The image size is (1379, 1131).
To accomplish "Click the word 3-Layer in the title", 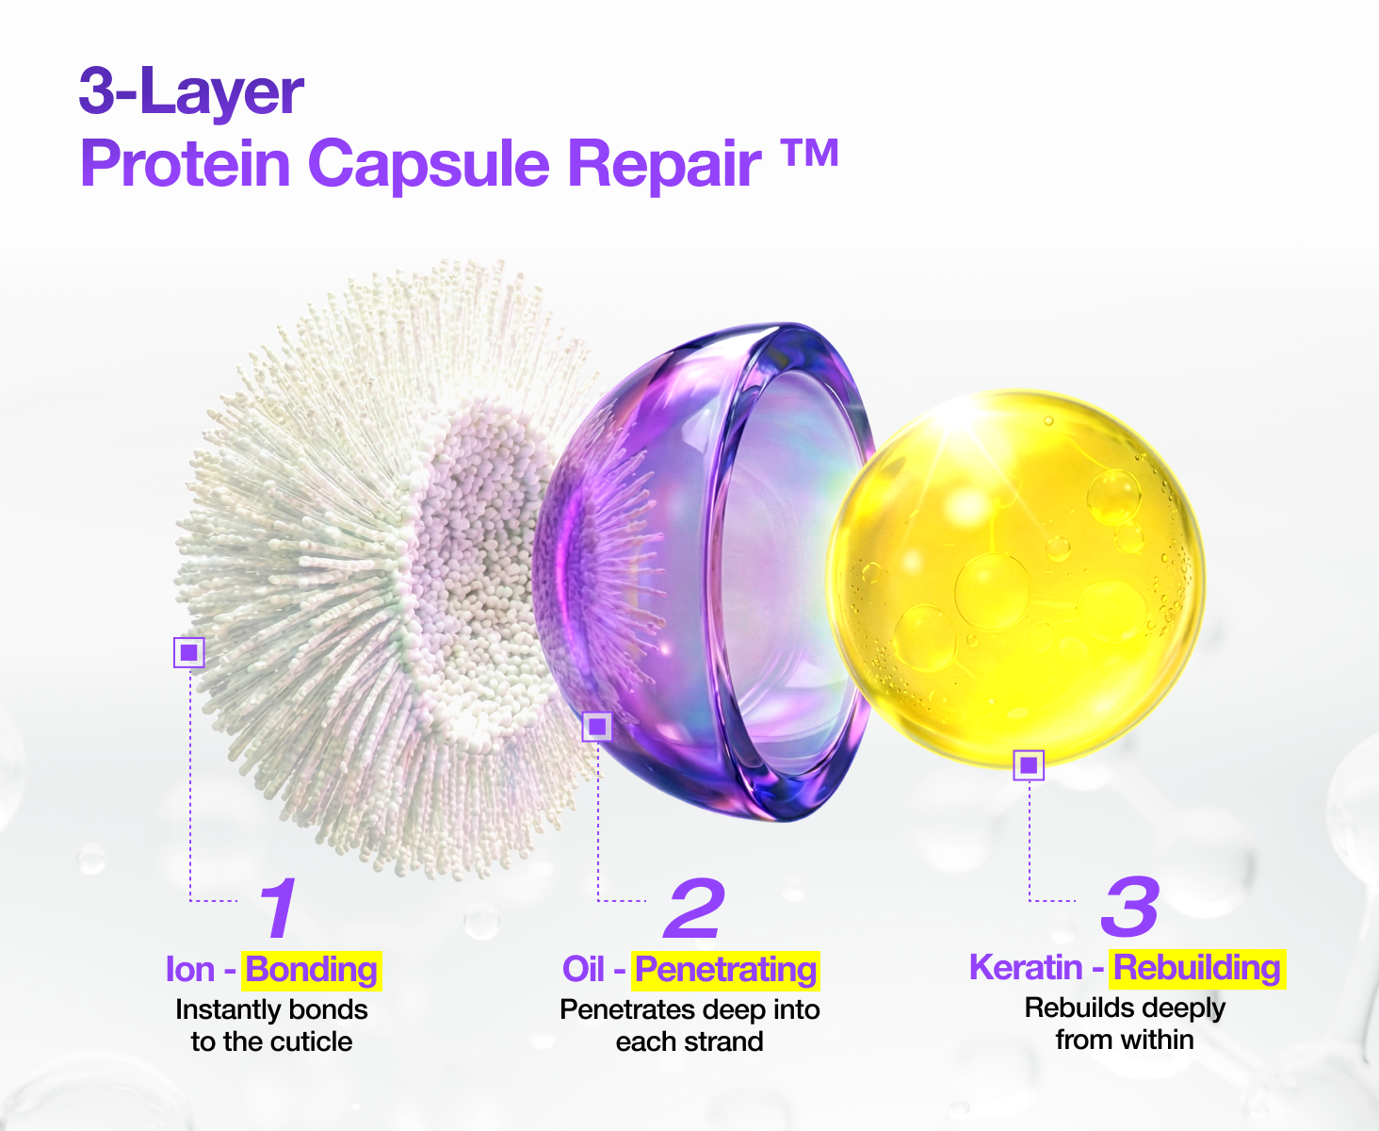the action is (191, 91).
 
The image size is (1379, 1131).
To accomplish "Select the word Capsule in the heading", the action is (429, 165).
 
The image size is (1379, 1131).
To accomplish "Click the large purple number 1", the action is (278, 908).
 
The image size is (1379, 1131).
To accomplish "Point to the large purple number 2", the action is (694, 908).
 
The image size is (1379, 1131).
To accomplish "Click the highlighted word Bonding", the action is (312, 970).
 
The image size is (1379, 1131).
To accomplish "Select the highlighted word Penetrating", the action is (726, 970).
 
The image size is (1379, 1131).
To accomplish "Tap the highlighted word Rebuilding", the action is (1197, 968).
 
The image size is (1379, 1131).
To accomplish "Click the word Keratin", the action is (1026, 967).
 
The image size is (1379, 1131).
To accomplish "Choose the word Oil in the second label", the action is (583, 970).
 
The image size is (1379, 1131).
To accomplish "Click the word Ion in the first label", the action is (190, 970).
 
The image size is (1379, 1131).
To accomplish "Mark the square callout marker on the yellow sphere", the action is (1029, 764).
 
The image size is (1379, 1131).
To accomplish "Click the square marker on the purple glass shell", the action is (597, 726).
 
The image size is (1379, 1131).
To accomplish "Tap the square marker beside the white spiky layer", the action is (189, 652).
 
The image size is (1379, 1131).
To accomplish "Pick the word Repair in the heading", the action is (664, 165).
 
